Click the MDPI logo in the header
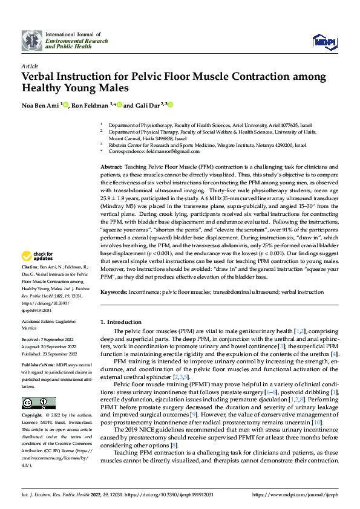(324, 41)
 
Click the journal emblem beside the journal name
(32, 41)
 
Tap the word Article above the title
(30, 66)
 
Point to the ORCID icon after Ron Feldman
(120, 105)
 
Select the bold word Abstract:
(112, 166)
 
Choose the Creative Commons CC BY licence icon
(38, 403)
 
